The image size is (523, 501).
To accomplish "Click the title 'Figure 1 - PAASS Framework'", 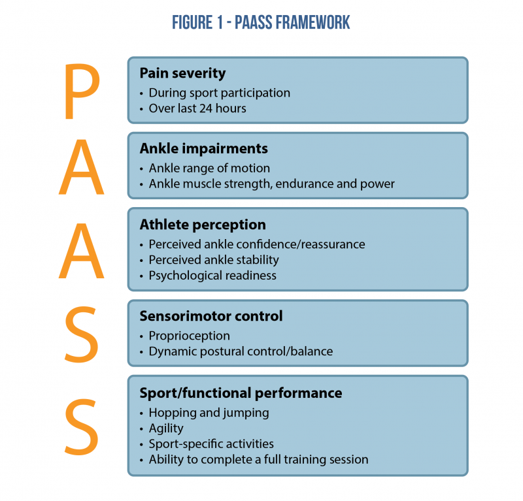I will (x=261, y=22).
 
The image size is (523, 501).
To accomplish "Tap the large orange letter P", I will (x=82, y=91).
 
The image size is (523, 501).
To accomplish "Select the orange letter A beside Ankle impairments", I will (x=82, y=166).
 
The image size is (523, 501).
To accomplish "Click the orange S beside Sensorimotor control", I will (x=82, y=333).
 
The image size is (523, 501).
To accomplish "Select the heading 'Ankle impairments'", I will (x=203, y=148).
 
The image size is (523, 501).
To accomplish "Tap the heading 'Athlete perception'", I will (x=203, y=225).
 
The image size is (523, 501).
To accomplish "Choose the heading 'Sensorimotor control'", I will (x=211, y=316).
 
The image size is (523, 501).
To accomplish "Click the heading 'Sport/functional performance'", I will (x=241, y=393).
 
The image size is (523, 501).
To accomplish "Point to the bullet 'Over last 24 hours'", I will (x=197, y=108).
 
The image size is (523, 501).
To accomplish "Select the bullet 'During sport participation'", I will (x=219, y=92).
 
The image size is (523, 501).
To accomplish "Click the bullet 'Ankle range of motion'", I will (x=209, y=168).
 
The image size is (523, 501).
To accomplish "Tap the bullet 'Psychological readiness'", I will (x=212, y=275).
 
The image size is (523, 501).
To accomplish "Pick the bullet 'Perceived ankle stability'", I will (x=214, y=259).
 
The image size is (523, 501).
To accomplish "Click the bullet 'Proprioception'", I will (x=189, y=336).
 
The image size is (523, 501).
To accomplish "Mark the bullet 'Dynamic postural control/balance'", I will (x=241, y=351).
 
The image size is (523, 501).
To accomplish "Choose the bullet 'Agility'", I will (x=166, y=428).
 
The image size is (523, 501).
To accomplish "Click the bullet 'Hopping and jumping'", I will (x=209, y=412).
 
